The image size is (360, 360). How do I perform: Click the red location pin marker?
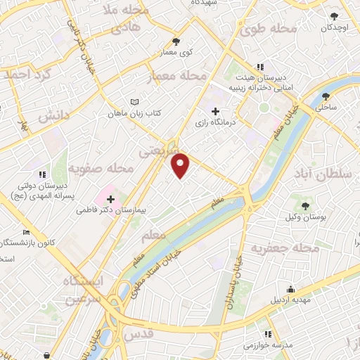tap(181, 165)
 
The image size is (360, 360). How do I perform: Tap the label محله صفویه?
tap(101, 169)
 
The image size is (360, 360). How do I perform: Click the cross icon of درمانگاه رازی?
tap(215, 111)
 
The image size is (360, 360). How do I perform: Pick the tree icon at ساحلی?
tap(326, 96)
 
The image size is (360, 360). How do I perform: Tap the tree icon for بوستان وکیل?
tap(304, 205)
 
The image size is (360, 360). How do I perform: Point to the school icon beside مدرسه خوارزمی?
tap(267, 335)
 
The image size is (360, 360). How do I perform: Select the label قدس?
tap(137, 336)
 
